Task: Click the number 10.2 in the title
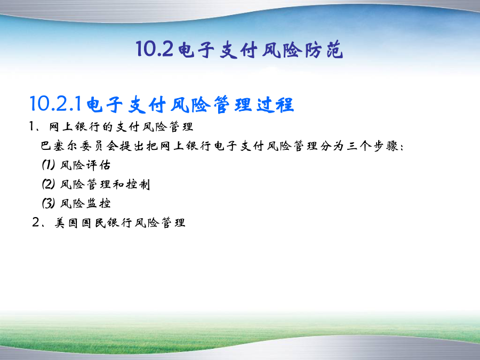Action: (x=155, y=49)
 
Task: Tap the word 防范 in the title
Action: (x=324, y=50)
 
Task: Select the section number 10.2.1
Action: (x=55, y=104)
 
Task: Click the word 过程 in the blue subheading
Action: (x=276, y=105)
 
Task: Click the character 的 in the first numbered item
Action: (x=107, y=127)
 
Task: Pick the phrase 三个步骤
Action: (x=373, y=146)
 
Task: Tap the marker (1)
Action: (x=49, y=165)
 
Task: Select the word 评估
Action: (x=98, y=165)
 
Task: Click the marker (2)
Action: (x=49, y=184)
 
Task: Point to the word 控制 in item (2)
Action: (x=138, y=185)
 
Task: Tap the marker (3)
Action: (x=49, y=203)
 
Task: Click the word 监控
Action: (x=98, y=203)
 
